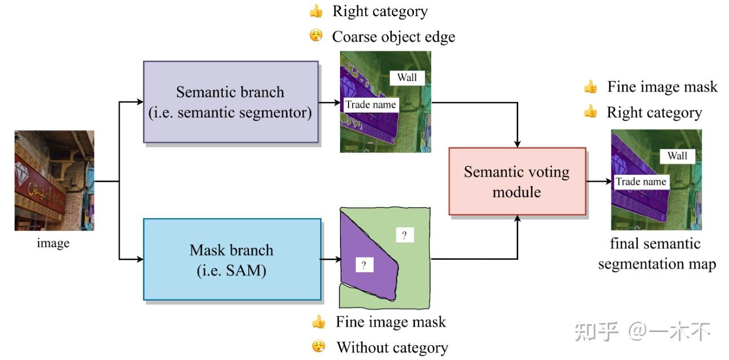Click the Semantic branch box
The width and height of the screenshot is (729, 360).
[x=230, y=102]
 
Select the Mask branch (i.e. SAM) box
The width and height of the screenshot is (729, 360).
[x=231, y=259]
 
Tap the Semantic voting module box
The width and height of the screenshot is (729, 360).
[x=517, y=181]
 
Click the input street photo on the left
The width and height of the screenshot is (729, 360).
[x=54, y=181]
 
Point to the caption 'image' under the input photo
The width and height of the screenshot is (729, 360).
[x=53, y=243]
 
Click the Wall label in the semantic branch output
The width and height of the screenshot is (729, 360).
[x=407, y=77]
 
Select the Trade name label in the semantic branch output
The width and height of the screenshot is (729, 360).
[x=370, y=104]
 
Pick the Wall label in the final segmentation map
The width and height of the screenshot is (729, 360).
[x=677, y=156]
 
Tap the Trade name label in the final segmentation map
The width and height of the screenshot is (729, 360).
[x=641, y=182]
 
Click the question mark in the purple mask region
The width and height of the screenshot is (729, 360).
[x=364, y=264]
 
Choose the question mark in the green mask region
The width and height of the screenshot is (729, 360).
[x=404, y=235]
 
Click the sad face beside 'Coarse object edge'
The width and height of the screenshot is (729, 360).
[x=316, y=36]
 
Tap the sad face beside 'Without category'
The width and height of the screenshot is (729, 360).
[x=318, y=346]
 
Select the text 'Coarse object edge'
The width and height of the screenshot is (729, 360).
[x=394, y=36]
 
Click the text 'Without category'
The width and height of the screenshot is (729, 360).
[x=392, y=347]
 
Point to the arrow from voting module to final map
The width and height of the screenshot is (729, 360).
[x=598, y=182]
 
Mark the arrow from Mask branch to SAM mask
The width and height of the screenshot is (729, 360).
[x=330, y=259]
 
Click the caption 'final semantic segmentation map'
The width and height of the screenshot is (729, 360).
[x=656, y=254]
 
